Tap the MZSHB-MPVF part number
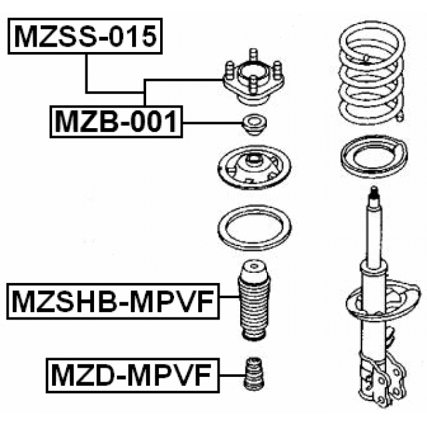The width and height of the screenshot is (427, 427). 112,303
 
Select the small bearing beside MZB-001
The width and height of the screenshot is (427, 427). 253,125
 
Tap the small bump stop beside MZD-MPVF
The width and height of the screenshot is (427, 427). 253,377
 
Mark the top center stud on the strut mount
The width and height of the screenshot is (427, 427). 253,54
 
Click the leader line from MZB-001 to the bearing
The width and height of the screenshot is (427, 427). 210,123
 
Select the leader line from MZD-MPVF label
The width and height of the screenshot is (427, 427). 230,376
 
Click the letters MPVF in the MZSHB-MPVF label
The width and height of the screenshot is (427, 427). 173,303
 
